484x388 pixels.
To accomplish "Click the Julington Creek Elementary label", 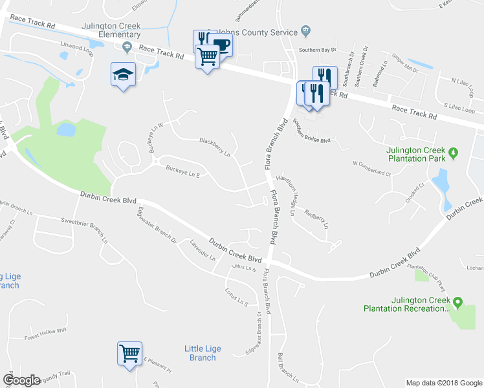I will pyautogui.click(x=111, y=30).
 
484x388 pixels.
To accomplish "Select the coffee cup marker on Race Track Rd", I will pyautogui.click(x=221, y=45).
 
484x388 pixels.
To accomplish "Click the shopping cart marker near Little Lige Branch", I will pyautogui.click(x=129, y=353).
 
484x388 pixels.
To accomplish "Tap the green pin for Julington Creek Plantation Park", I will pyautogui.click(x=454, y=153).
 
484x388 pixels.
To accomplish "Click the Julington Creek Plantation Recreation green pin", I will pyautogui.click(x=457, y=302).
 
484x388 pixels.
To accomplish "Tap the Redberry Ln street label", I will pyautogui.click(x=316, y=218).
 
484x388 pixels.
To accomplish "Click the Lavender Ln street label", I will pyautogui.click(x=203, y=250).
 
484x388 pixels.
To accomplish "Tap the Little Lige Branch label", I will pyautogui.click(x=203, y=353).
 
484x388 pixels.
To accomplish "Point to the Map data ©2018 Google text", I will pyautogui.click(x=443, y=383).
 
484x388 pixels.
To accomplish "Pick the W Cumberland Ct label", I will pyautogui.click(x=372, y=168).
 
